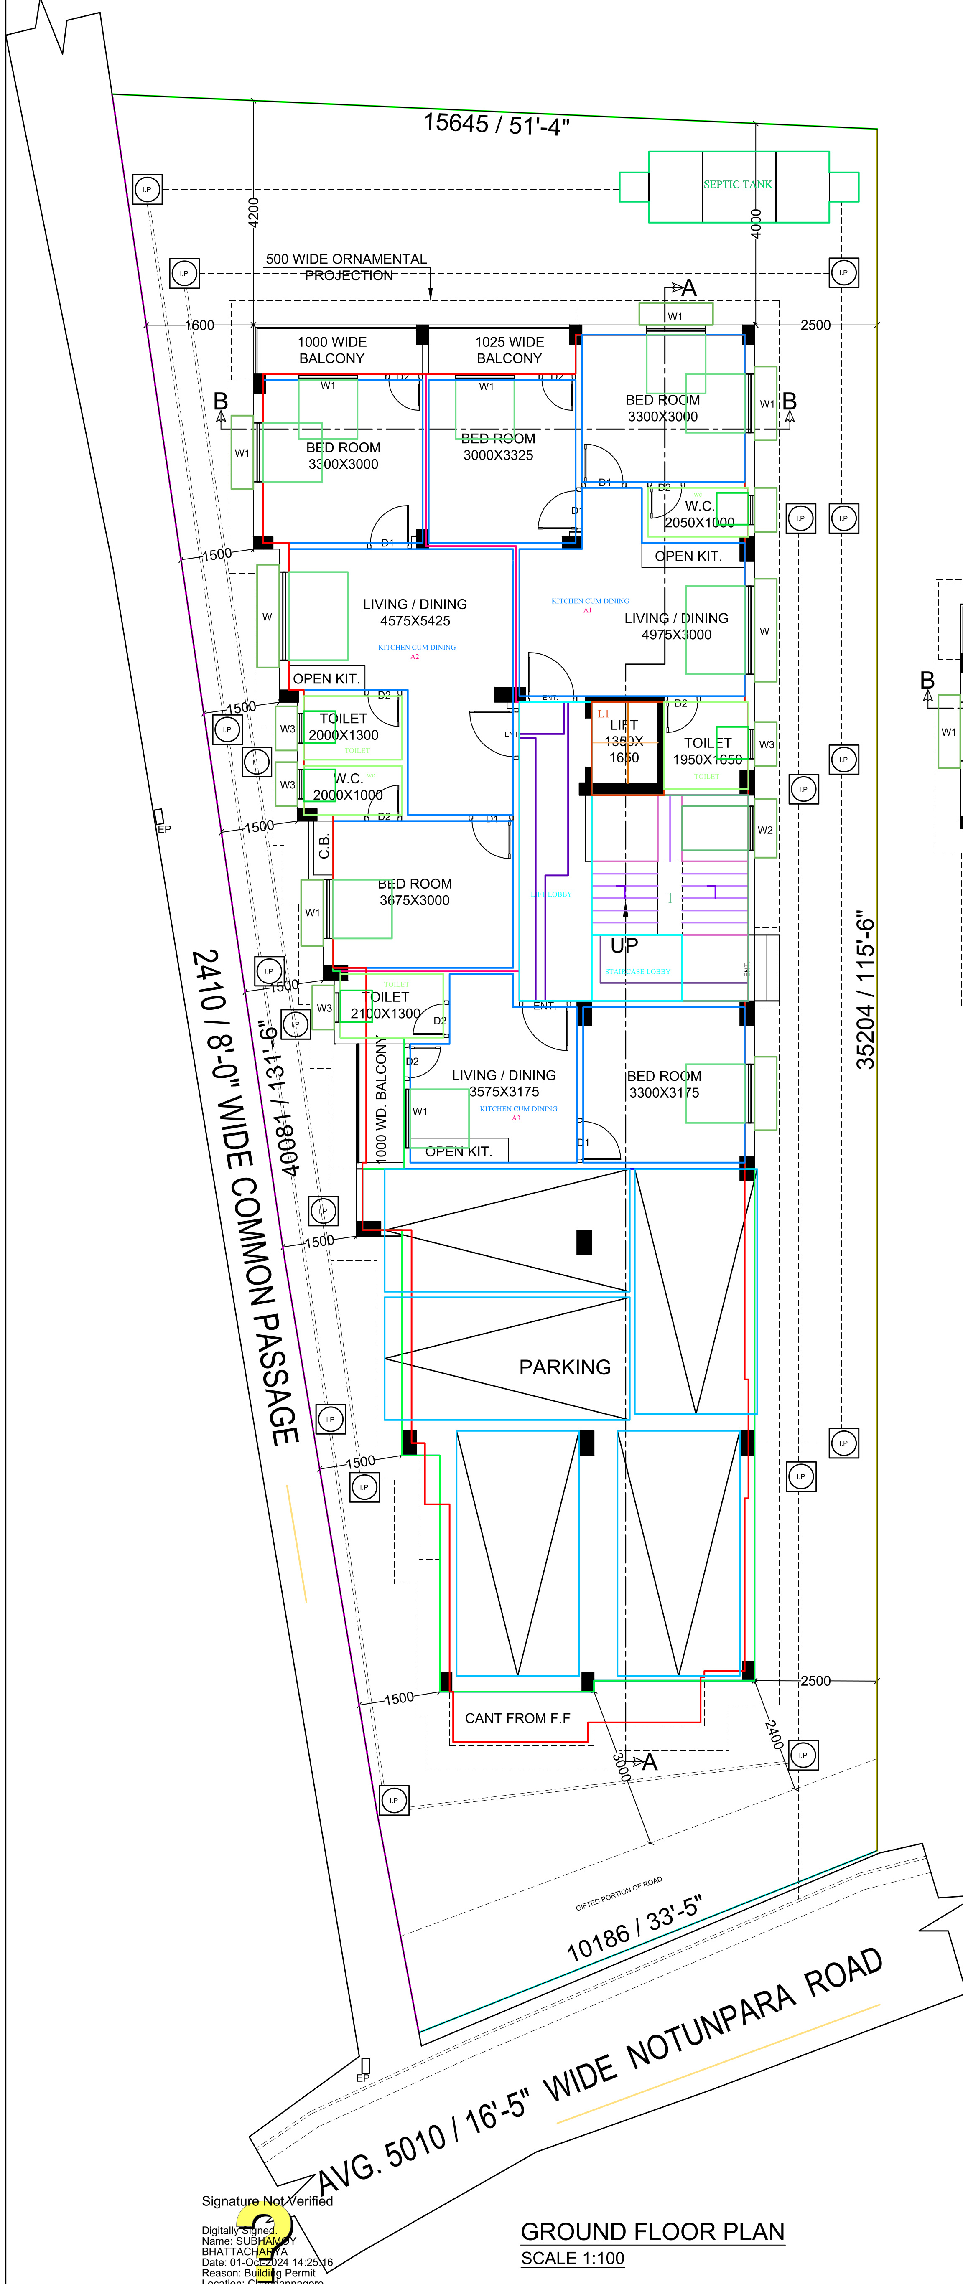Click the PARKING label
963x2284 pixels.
point(565,1367)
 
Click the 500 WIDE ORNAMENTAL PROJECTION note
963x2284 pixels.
point(347,267)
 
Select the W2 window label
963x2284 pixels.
point(764,830)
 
